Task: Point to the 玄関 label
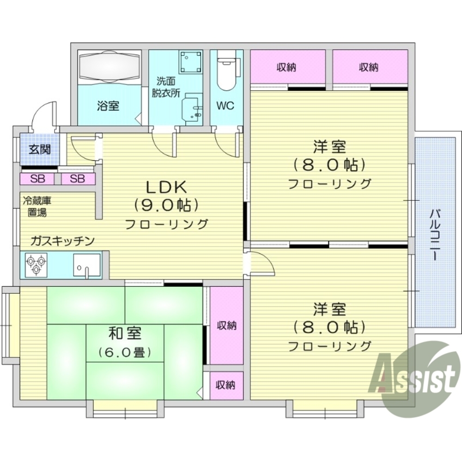pyautogui.click(x=39, y=149)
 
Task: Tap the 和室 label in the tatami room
pyautogui.click(x=125, y=334)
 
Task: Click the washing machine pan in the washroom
pyautogui.click(x=191, y=60)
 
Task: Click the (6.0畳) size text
pyautogui.click(x=125, y=353)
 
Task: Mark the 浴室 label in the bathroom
pyautogui.click(x=108, y=106)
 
